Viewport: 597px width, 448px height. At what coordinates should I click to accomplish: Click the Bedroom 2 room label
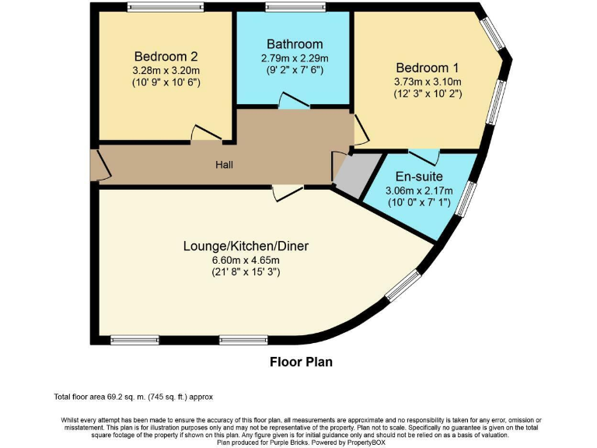pyautogui.click(x=166, y=56)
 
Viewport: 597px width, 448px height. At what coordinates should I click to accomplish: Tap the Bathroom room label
pyautogui.click(x=295, y=44)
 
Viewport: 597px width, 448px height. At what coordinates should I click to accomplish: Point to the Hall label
pyautogui.click(x=225, y=165)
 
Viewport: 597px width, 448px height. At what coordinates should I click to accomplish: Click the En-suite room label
pyautogui.click(x=419, y=177)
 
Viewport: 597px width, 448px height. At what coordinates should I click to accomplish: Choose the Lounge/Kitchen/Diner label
pyautogui.click(x=246, y=247)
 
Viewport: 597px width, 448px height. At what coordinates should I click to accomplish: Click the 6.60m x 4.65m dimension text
pyautogui.click(x=246, y=260)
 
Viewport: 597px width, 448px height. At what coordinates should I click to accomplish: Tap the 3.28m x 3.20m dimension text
pyautogui.click(x=166, y=69)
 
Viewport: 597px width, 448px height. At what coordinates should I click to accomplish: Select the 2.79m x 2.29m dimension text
pyautogui.click(x=295, y=58)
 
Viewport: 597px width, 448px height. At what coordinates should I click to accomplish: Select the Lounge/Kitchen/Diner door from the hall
pyautogui.click(x=288, y=193)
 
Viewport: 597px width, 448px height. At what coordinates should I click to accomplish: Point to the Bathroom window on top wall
pyautogui.click(x=295, y=8)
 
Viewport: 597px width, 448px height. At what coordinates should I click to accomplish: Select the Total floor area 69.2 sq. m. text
pyautogui.click(x=133, y=397)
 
